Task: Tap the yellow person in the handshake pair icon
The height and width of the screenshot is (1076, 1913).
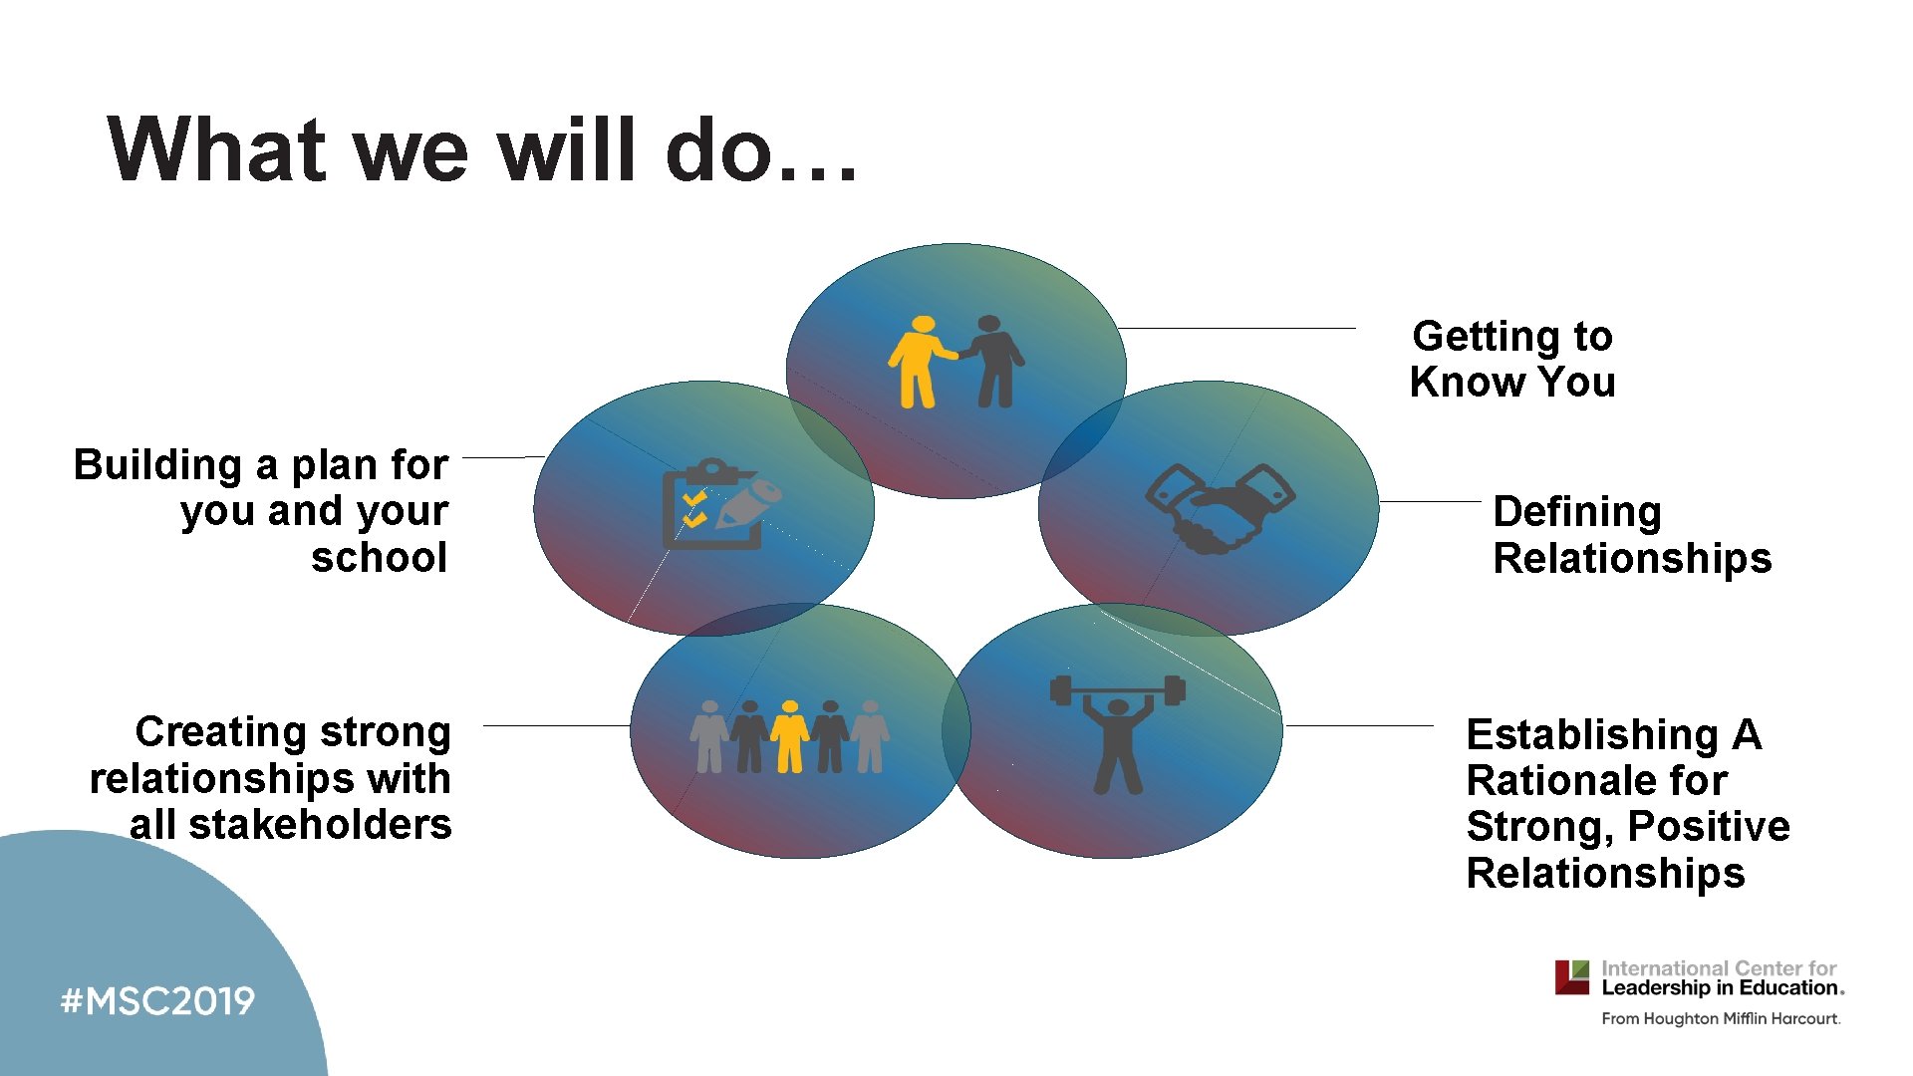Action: [x=919, y=363]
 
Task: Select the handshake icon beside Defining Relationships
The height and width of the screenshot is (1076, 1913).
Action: [x=1220, y=508]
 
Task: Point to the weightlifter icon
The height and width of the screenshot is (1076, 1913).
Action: [x=1118, y=731]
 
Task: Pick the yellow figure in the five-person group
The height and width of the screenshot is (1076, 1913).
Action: [x=790, y=737]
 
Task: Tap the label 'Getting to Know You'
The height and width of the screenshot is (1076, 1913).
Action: [x=1512, y=359]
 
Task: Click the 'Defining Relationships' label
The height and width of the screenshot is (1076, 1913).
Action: [x=1631, y=534]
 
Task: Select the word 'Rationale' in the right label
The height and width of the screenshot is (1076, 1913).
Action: [x=1596, y=780]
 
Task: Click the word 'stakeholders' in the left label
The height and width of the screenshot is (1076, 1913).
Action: [x=320, y=825]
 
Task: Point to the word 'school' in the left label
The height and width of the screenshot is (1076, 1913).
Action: [x=379, y=558]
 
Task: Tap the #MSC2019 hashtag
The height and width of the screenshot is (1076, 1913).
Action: [x=157, y=1000]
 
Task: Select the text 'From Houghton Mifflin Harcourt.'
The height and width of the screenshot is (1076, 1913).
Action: [x=1721, y=1018]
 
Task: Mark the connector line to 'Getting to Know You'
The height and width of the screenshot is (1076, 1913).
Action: [x=1235, y=328]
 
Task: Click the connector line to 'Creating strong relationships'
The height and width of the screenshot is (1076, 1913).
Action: [x=556, y=726]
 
